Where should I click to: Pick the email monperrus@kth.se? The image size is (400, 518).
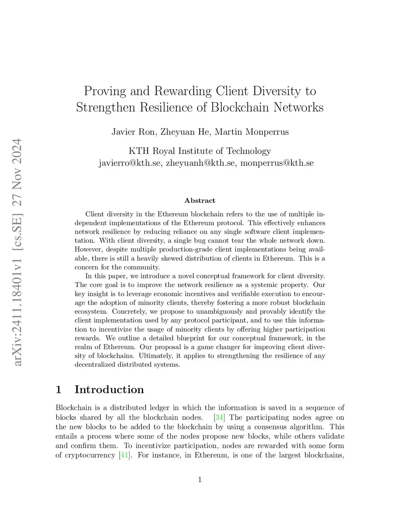tap(277, 163)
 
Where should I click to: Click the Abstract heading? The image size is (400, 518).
tap(200, 201)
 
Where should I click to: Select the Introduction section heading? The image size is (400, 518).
tap(109, 389)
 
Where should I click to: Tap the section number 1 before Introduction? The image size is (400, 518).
tap(59, 389)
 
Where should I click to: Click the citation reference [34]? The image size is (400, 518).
tap(220, 418)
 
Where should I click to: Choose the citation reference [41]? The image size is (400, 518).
tap(124, 455)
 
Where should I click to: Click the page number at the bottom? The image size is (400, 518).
tap(200, 480)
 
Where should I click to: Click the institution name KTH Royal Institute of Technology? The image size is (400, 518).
tap(200, 151)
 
